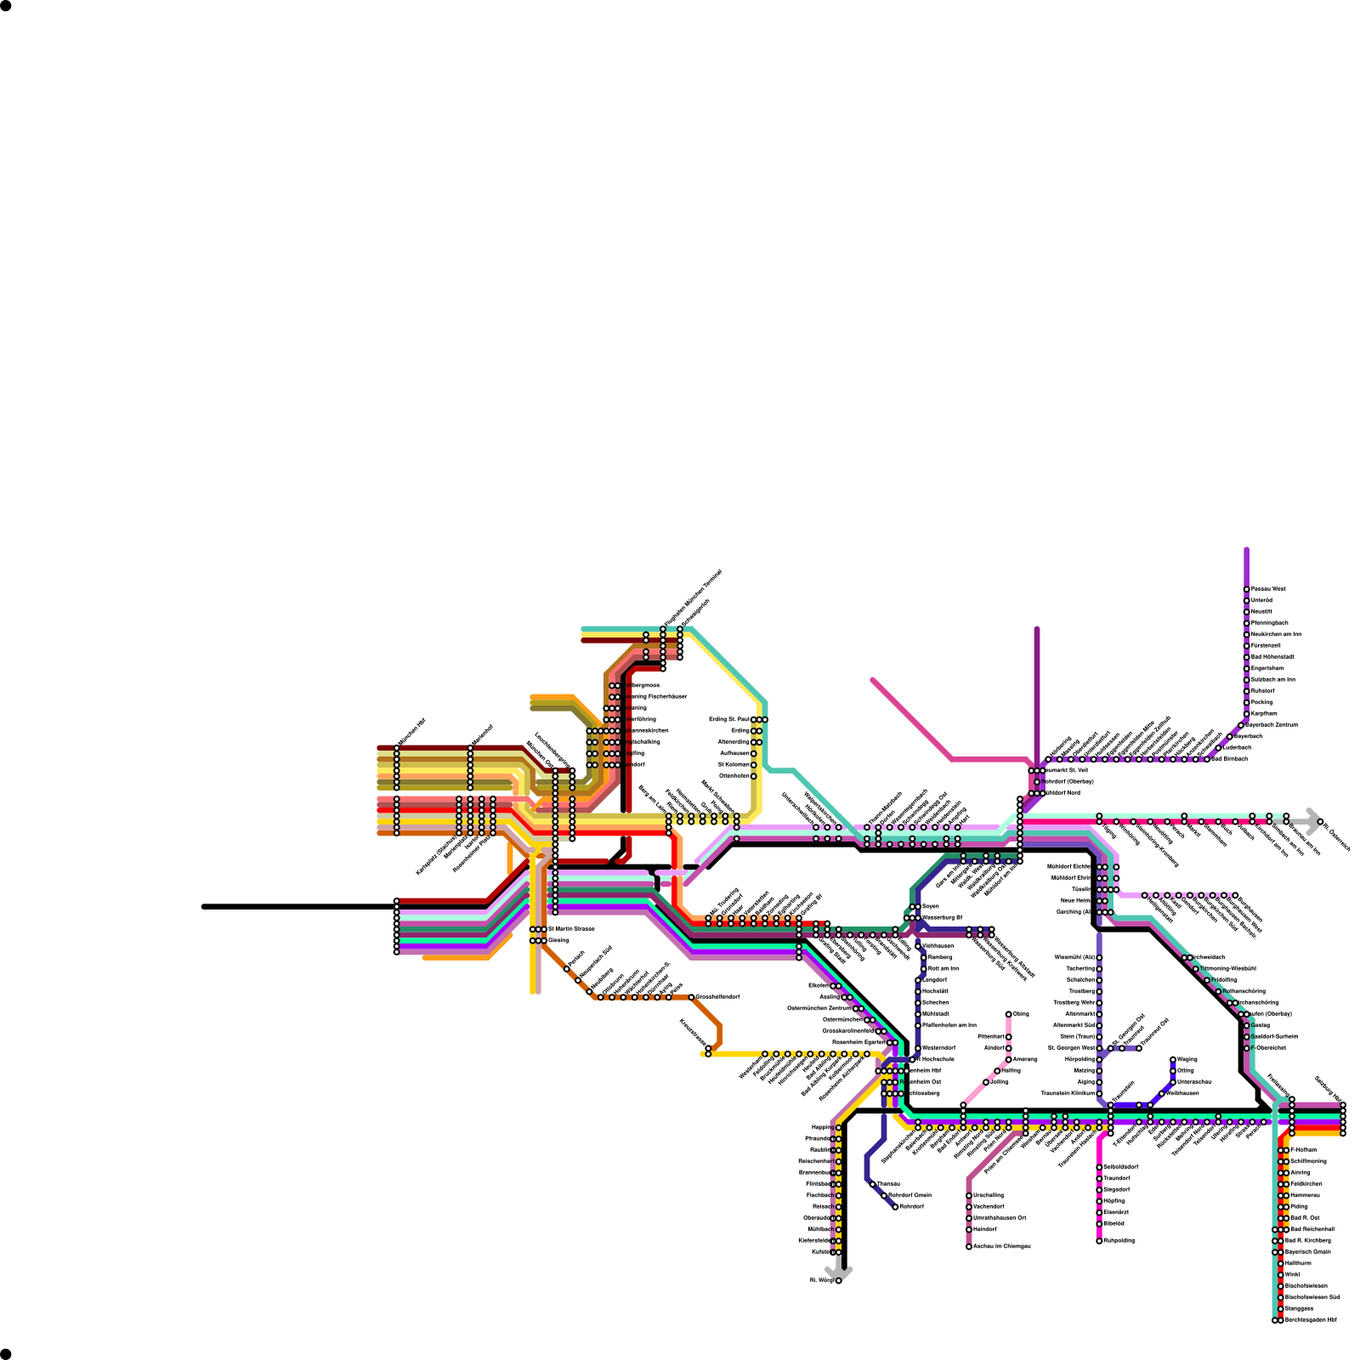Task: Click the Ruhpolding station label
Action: click(x=1119, y=1240)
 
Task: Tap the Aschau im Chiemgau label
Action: click(x=1001, y=1246)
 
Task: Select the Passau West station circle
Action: click(x=1246, y=589)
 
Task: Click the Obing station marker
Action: click(x=1009, y=1014)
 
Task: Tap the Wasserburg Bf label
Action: click(x=942, y=917)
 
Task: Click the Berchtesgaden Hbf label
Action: click(x=1310, y=1320)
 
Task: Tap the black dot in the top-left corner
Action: click(x=6, y=6)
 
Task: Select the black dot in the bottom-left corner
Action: click(x=6, y=1353)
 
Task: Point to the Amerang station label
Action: click(x=1024, y=1059)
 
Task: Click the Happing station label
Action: click(x=821, y=1127)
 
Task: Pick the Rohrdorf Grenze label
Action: click(x=909, y=1195)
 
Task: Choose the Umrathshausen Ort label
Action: click(x=999, y=1218)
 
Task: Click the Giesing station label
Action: click(x=558, y=940)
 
